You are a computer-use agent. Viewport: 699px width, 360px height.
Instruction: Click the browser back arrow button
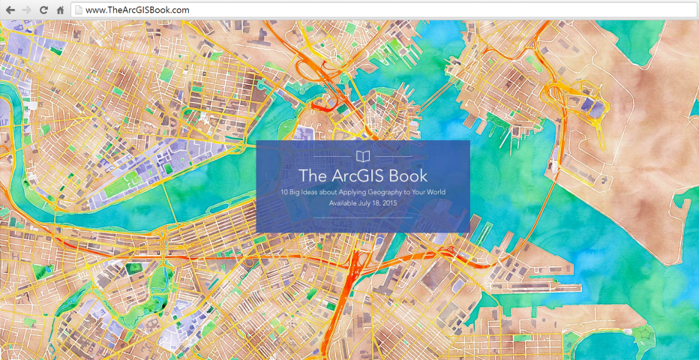[x=10, y=10]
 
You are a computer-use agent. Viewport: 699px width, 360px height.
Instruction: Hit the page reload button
[x=43, y=10]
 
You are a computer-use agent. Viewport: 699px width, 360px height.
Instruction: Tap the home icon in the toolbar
[x=60, y=10]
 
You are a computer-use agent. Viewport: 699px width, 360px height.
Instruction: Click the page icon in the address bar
[x=76, y=10]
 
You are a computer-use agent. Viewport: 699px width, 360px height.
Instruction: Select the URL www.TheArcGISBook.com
[x=137, y=10]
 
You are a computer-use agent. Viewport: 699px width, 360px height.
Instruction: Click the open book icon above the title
[x=363, y=157]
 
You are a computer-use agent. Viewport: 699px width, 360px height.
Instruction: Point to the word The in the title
[x=312, y=176]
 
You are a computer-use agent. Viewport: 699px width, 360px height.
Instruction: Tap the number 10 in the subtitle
[x=284, y=193]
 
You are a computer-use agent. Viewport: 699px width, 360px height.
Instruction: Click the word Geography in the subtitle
[x=398, y=193]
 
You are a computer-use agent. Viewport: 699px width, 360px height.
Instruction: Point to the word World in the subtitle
[x=436, y=193]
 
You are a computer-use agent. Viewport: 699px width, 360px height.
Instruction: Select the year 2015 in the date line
[x=389, y=202]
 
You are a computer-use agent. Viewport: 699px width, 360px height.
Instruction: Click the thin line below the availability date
[x=363, y=217]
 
